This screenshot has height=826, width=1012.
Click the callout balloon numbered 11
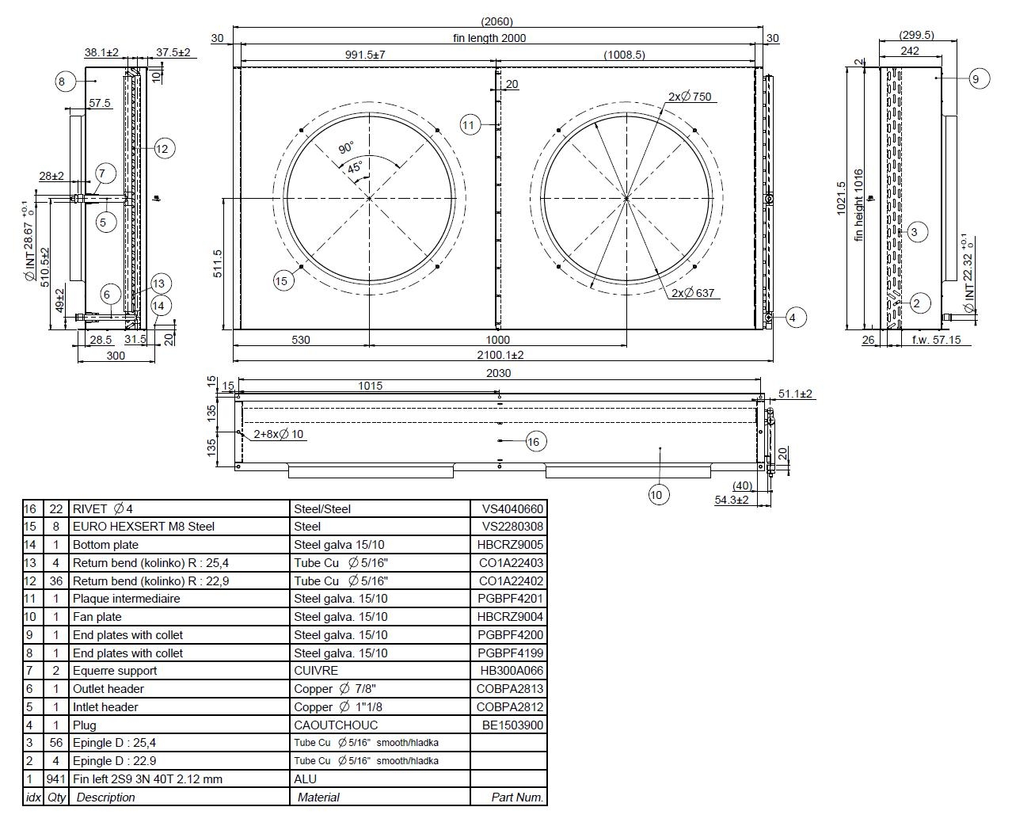(470, 125)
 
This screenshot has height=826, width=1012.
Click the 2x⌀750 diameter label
(690, 97)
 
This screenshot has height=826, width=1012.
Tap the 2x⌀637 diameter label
(693, 292)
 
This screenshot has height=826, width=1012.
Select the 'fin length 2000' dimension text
(489, 38)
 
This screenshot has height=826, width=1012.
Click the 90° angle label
(346, 147)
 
